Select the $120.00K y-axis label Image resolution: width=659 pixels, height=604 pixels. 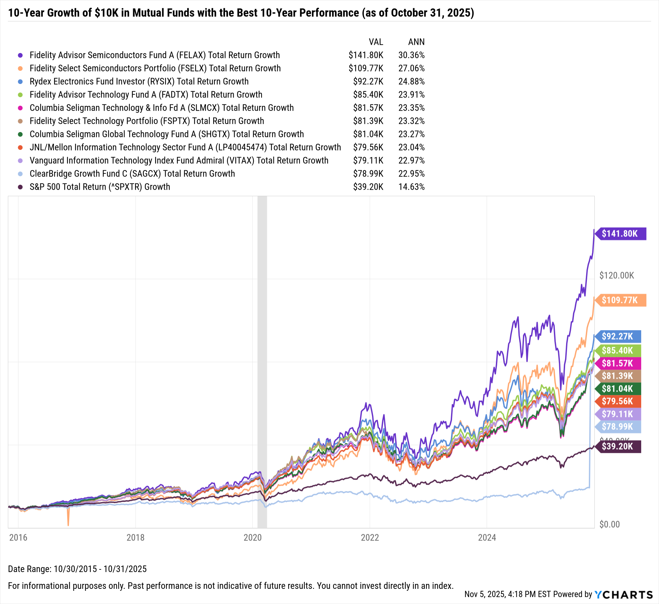(x=616, y=275)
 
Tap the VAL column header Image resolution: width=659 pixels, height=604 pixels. (x=376, y=42)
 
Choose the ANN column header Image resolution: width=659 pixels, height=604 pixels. (x=416, y=42)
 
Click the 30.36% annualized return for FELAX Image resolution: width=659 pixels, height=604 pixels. (x=411, y=55)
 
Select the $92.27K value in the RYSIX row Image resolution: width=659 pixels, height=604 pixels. (x=368, y=81)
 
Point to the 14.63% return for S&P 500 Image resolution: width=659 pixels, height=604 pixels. (x=411, y=187)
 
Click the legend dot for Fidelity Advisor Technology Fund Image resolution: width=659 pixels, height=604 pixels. (x=20, y=95)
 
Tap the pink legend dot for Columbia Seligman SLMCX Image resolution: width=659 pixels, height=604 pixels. (x=20, y=108)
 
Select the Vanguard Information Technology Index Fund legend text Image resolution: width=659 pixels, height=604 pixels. (x=179, y=160)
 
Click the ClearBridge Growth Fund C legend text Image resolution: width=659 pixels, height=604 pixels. (x=132, y=174)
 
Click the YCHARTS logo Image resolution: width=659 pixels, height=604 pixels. (x=623, y=594)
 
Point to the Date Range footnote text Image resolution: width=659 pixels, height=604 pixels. (x=77, y=569)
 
